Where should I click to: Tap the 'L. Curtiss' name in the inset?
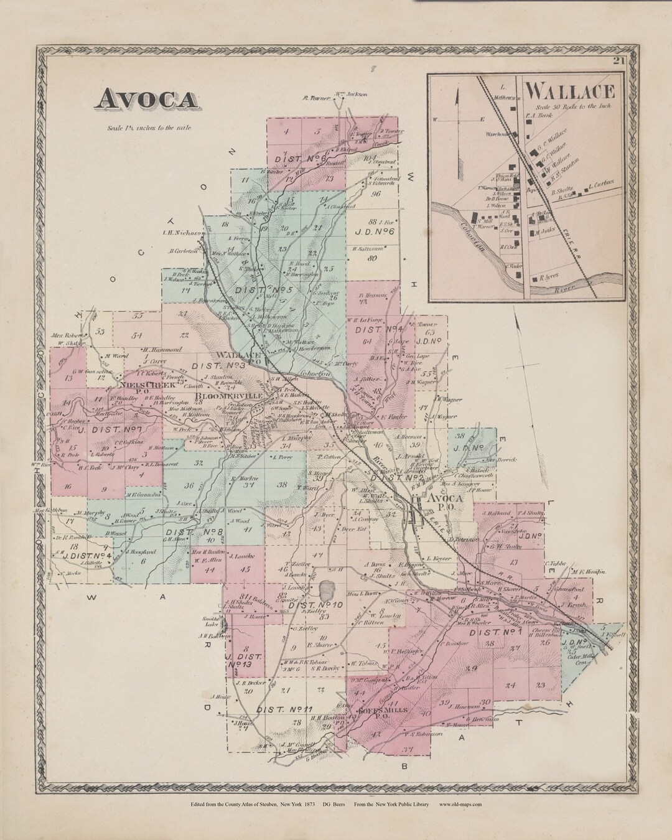[x=601, y=184]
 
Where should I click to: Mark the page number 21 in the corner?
[x=618, y=60]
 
